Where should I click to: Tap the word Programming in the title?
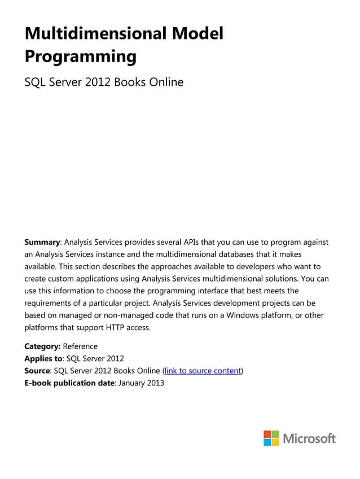coord(81,56)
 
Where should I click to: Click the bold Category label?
coord(42,346)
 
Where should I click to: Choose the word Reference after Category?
coord(80,346)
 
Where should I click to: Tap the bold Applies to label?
coord(44,358)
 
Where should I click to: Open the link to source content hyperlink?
coord(203,371)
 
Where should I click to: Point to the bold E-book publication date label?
coord(69,383)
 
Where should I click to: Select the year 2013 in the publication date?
coord(155,383)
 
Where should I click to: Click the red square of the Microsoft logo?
coord(267,434)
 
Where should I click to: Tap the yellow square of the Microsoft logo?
coord(275,442)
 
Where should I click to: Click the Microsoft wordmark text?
coord(309,438)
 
